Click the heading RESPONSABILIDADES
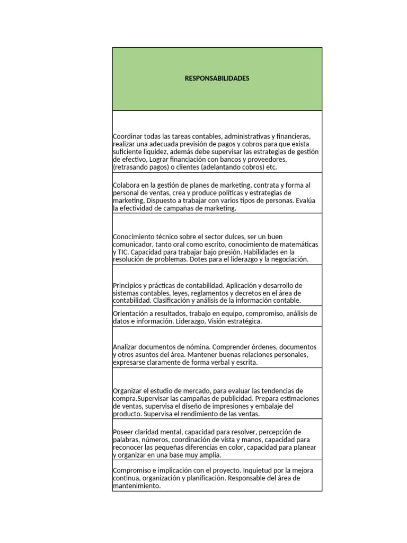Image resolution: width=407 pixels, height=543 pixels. click(217, 78)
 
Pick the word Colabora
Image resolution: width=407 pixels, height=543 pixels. click(127, 185)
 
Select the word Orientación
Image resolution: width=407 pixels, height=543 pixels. click(131, 313)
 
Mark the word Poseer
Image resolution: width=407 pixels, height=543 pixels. click(123, 432)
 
